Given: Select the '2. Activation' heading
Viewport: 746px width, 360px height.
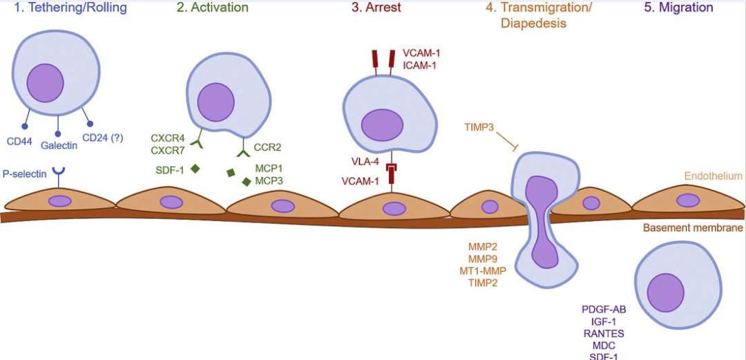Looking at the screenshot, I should (x=212, y=8).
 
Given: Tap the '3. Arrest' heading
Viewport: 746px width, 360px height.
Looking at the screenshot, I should (x=376, y=8).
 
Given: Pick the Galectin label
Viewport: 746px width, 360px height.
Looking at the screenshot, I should (x=59, y=146).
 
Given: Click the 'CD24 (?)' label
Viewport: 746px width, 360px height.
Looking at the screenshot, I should (x=102, y=138).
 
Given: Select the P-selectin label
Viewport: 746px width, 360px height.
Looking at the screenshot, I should (x=25, y=174).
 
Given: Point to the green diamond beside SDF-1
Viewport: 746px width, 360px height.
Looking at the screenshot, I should (x=195, y=168).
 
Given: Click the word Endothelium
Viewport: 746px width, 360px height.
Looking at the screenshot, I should (x=714, y=176).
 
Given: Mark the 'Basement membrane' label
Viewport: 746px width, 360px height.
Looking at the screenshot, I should (x=693, y=227).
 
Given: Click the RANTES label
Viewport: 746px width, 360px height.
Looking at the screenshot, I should (x=604, y=333).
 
